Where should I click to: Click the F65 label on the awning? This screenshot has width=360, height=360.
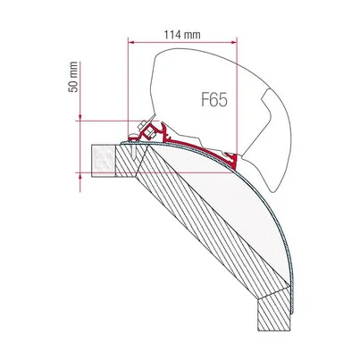click(x=214, y=100)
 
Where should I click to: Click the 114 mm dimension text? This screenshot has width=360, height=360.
click(x=182, y=35)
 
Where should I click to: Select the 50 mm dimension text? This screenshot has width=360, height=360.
click(x=73, y=77)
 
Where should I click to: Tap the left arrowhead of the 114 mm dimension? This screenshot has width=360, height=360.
click(x=130, y=43)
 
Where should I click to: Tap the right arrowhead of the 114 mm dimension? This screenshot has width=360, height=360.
click(x=234, y=43)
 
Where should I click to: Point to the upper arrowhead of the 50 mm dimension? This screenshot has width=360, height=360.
click(x=80, y=118)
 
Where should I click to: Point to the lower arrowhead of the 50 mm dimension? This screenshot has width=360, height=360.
click(x=80, y=175)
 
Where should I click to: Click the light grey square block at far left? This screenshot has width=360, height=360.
click(x=103, y=161)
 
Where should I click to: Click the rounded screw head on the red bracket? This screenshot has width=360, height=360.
click(x=134, y=137)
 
